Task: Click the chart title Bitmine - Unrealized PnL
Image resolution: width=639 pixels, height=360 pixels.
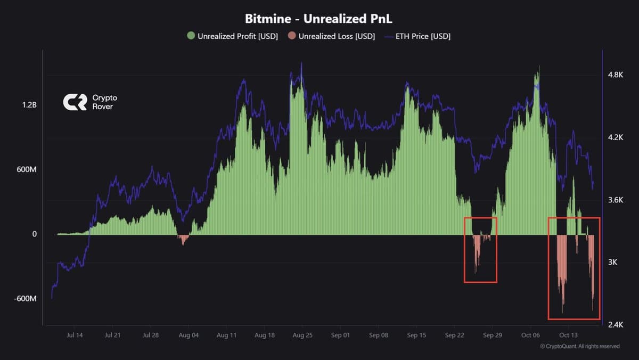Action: coord(318,19)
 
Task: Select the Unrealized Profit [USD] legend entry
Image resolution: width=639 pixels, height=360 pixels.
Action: coord(232,36)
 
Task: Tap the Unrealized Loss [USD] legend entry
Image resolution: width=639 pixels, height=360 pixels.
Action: coord(331,36)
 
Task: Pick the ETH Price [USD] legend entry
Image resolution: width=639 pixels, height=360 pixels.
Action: coord(417,36)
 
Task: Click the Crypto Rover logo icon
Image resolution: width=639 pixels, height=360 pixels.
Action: coord(75,102)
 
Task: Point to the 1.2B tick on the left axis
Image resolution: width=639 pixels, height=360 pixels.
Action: coord(29,105)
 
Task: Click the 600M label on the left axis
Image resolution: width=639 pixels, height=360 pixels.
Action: coord(27,170)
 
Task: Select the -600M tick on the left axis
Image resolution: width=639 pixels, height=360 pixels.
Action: coord(25,299)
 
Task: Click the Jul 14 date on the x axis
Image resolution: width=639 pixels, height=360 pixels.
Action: coord(75,336)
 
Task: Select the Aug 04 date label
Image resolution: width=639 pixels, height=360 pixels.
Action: coord(189,336)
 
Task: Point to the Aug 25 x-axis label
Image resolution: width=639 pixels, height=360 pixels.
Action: coord(302,336)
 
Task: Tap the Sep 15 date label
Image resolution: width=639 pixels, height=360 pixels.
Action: coord(416,336)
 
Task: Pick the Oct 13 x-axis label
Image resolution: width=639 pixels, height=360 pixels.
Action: coord(568,336)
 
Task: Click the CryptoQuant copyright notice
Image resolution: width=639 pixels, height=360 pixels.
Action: coord(579,346)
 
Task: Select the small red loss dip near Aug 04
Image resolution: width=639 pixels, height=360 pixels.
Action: coord(184,239)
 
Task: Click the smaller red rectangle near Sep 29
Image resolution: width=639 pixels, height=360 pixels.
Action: coord(480,250)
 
